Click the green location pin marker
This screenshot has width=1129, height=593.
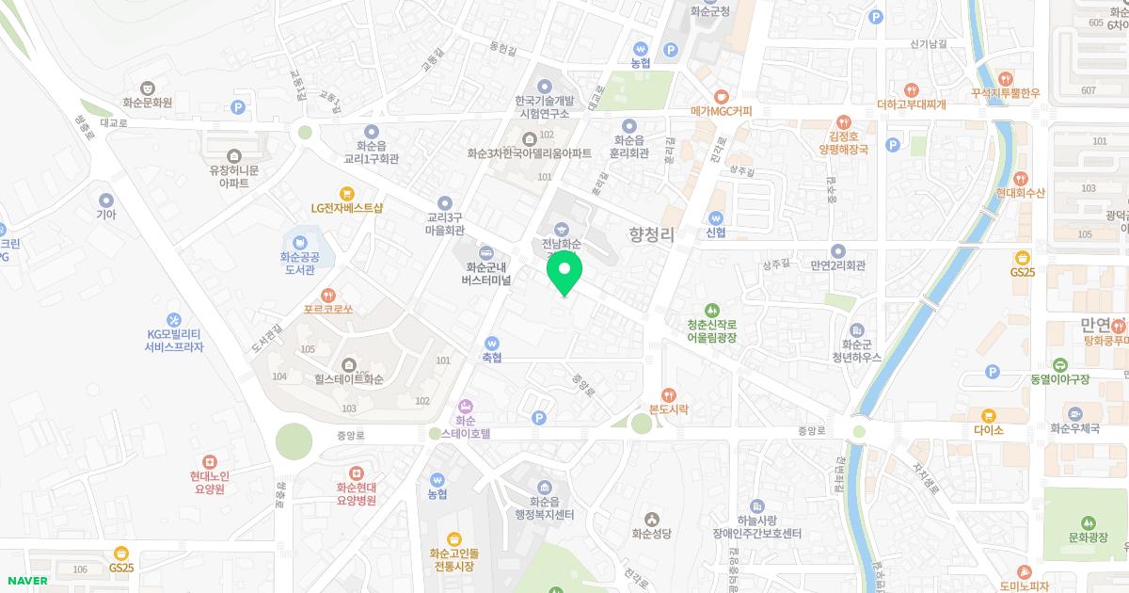pyautogui.click(x=564, y=272)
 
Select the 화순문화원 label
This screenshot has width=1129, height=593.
pyautogui.click(x=147, y=103)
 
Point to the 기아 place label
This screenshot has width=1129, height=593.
pyautogui.click(x=105, y=215)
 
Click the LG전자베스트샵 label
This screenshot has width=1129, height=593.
pyautogui.click(x=347, y=208)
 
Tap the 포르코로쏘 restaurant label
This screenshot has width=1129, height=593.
pyautogui.click(x=327, y=308)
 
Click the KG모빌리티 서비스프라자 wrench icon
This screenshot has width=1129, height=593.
pyautogui.click(x=174, y=320)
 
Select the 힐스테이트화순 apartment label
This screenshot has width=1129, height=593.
pyautogui.click(x=349, y=380)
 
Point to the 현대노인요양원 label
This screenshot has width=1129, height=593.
pyautogui.click(x=209, y=482)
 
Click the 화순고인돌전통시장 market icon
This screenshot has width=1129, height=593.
pyautogui.click(x=454, y=538)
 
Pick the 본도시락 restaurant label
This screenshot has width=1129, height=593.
pyautogui.click(x=669, y=409)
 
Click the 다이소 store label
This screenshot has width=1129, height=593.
pyautogui.click(x=988, y=429)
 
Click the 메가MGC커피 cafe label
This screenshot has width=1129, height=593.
pyautogui.click(x=722, y=111)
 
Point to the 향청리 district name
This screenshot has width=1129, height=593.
pyautogui.click(x=652, y=234)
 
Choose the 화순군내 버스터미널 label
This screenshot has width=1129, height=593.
pyautogui.click(x=485, y=274)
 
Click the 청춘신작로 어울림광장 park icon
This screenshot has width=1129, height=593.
pyautogui.click(x=711, y=310)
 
